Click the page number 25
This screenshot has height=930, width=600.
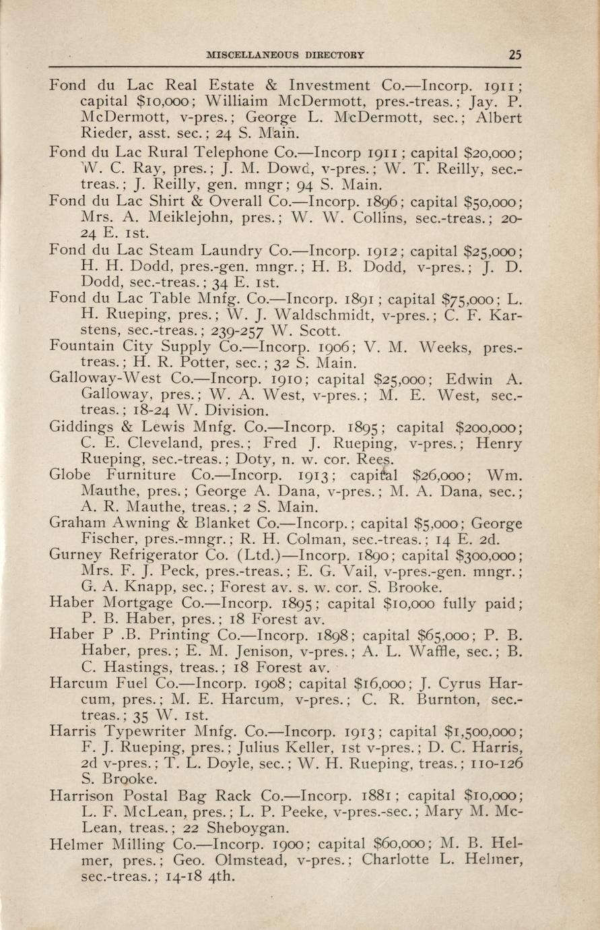pos(514,55)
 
